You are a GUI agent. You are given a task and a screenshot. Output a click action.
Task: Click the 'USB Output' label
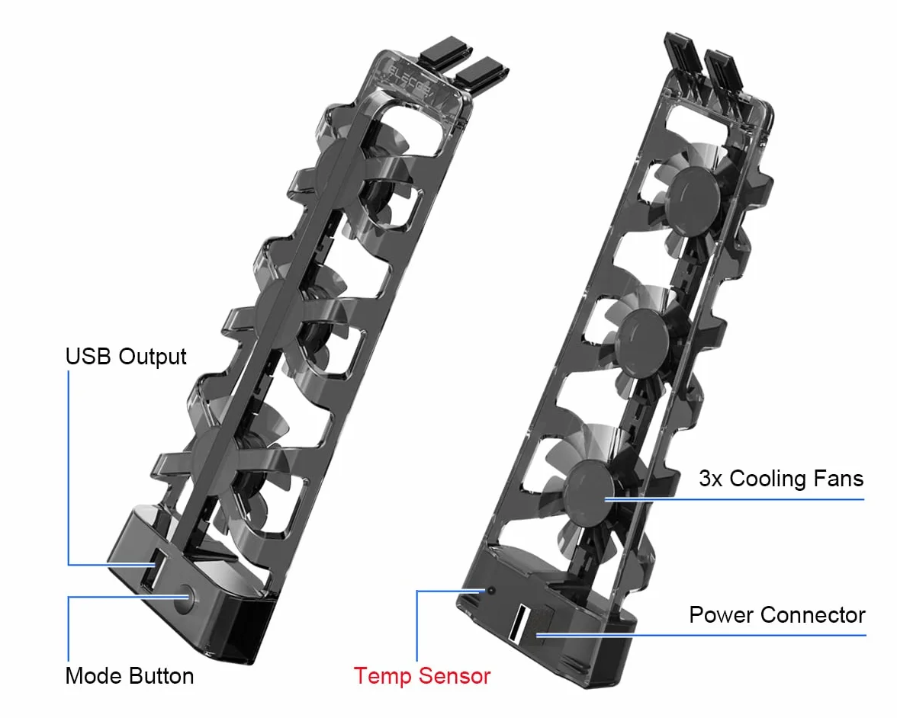tap(126, 357)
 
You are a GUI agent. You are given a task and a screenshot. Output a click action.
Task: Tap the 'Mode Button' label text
tap(130, 675)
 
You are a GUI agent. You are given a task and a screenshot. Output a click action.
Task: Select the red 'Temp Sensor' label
tap(423, 675)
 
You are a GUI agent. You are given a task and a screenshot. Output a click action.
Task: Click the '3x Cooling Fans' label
tap(781, 479)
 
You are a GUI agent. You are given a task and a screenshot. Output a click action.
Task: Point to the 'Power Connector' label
tap(776, 615)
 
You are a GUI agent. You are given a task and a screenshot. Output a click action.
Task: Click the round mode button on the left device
tap(185, 598)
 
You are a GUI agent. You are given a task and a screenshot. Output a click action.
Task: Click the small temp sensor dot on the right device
tap(490, 591)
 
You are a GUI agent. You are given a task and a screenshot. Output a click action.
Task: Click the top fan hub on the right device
tap(694, 195)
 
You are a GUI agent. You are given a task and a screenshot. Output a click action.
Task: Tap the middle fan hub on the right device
tap(643, 341)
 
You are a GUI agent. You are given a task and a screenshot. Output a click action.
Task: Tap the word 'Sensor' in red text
tap(455, 675)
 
